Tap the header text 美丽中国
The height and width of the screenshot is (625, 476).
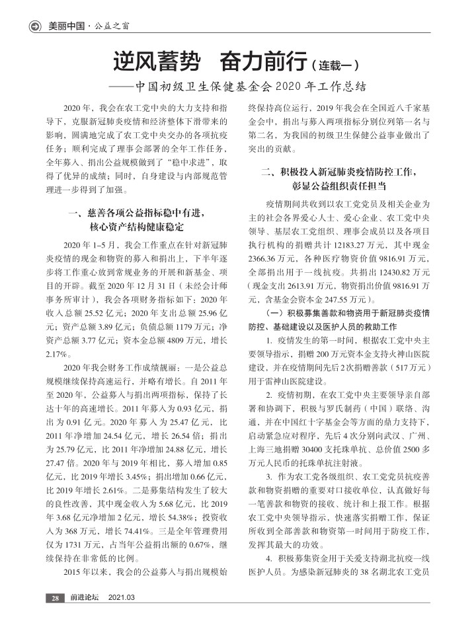click(x=67, y=27)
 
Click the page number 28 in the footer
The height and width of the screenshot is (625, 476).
click(x=53, y=598)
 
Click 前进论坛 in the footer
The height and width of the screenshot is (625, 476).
click(x=85, y=598)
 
